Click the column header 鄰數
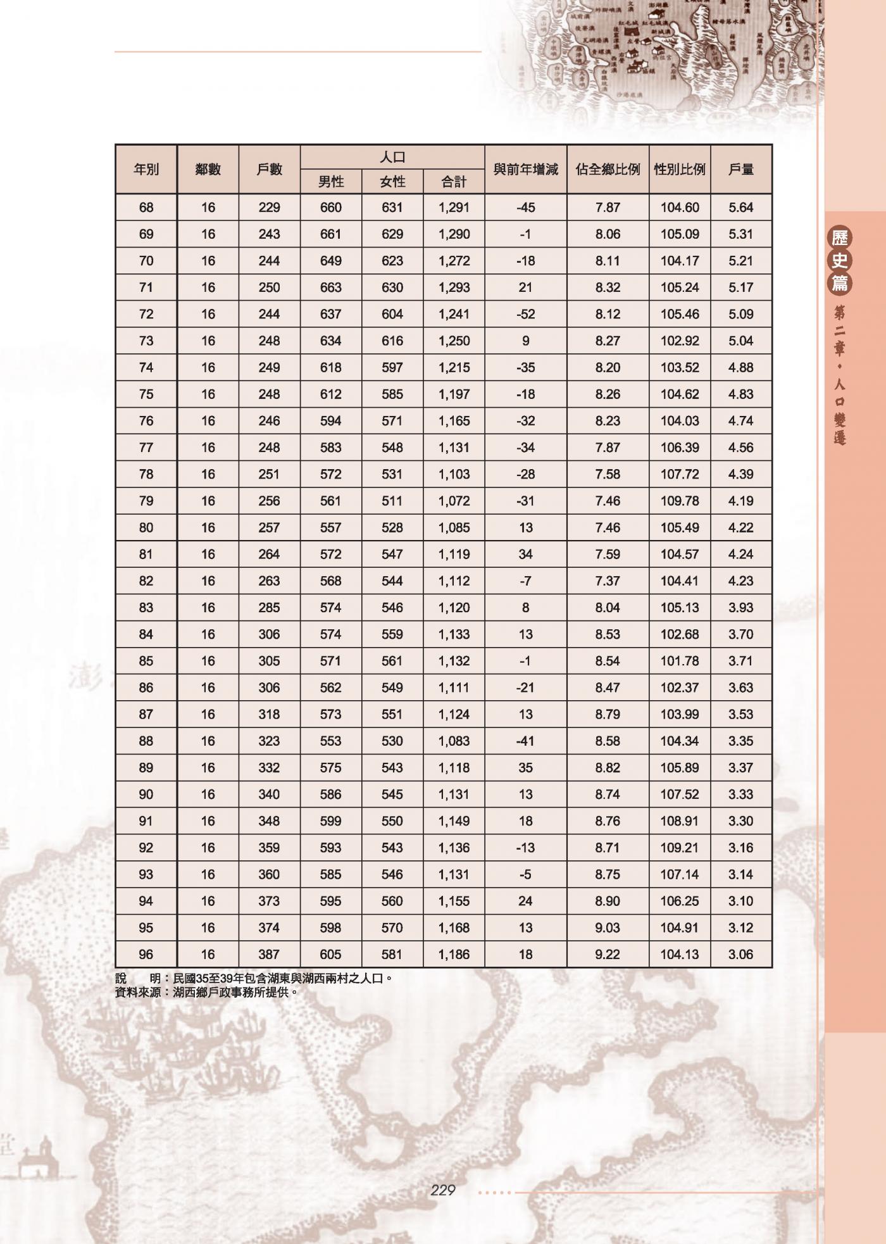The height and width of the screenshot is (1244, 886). [208, 170]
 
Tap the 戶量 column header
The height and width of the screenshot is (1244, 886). [740, 170]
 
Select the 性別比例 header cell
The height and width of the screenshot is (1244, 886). [680, 170]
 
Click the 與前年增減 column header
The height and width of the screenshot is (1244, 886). [525, 170]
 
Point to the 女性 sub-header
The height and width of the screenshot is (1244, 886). [392, 182]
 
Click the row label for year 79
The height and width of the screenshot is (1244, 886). [146, 501]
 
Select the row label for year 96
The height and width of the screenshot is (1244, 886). [146, 954]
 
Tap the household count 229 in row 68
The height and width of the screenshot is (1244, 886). [269, 208]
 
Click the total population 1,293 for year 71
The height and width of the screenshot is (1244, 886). [454, 287]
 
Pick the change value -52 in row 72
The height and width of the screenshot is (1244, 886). [525, 314]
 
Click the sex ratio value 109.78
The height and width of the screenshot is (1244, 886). [680, 501]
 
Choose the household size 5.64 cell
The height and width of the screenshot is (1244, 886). [740, 208]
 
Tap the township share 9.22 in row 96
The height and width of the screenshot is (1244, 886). [608, 954]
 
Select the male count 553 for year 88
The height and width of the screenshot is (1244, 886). [330, 741]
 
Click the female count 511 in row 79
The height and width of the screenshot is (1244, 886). [392, 501]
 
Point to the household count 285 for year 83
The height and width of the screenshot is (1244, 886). [269, 608]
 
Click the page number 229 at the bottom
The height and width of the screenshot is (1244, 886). [442, 1190]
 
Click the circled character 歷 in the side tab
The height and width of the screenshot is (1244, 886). [840, 238]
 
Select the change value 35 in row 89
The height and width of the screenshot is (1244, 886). [525, 767]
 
